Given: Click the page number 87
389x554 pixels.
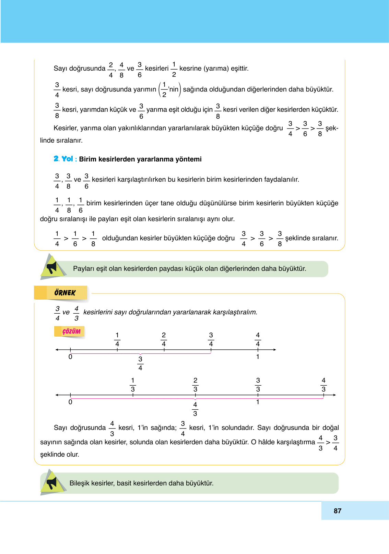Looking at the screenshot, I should pos(338,511).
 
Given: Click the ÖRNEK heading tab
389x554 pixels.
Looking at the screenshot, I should pos(64,293).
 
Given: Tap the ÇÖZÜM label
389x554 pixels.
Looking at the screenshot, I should pos(71,332).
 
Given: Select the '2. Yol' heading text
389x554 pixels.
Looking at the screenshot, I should pos(63,159).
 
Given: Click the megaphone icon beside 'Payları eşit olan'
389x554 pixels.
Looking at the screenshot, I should pos(52,267).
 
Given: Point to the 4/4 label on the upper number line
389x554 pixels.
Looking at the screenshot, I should pos(258,339).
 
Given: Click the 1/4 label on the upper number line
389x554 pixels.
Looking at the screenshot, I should pos(117,339).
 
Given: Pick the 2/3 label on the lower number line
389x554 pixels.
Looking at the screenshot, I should pos(195,385).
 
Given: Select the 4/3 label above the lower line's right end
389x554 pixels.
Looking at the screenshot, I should pos(323,385).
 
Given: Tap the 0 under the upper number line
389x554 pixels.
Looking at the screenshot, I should pos(70,357).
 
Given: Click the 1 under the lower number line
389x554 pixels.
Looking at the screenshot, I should pos(258,402).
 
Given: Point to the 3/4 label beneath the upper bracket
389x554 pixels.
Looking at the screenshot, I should pos(140,363).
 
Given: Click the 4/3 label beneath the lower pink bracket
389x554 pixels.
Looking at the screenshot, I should pos(195,409).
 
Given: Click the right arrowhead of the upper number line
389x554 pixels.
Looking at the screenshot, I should pos(274,350).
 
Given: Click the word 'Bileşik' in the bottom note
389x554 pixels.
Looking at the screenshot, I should pos(79,483).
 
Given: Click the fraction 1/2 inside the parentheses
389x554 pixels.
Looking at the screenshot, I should pos(164,89).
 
